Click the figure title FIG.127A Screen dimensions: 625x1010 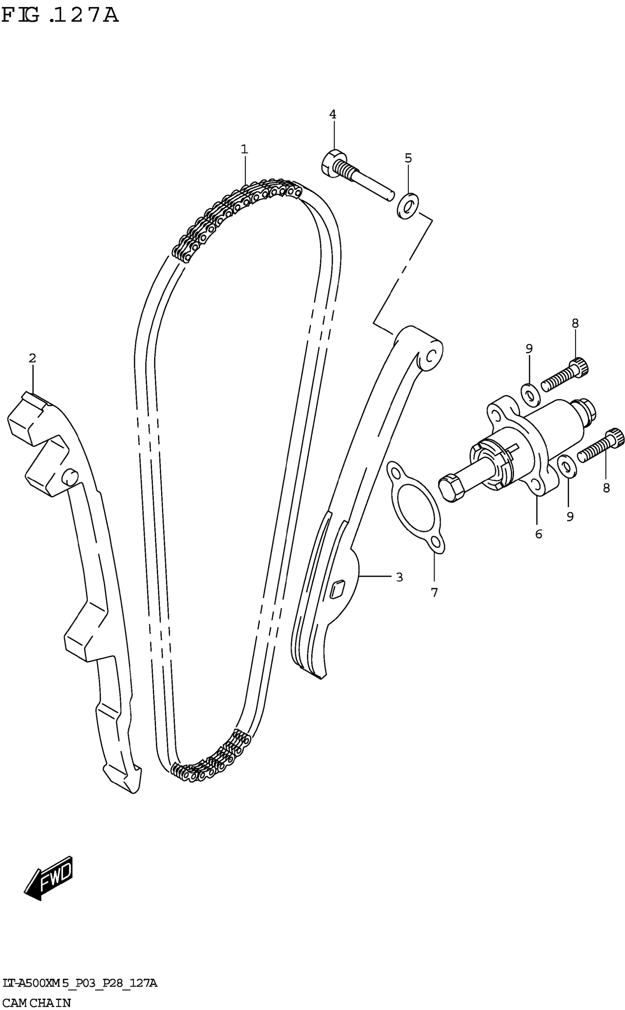point(60,15)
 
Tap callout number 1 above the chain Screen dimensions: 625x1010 point(244,149)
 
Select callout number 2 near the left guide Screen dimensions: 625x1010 point(32,358)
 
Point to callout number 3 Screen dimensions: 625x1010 point(399,577)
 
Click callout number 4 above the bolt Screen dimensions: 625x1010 point(333,114)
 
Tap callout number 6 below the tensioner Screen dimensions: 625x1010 point(538,534)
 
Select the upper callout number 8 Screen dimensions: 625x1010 point(575,323)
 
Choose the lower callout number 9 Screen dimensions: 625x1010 point(570,516)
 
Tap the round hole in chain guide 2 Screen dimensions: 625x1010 point(69,476)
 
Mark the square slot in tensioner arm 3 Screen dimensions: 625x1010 point(337,589)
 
